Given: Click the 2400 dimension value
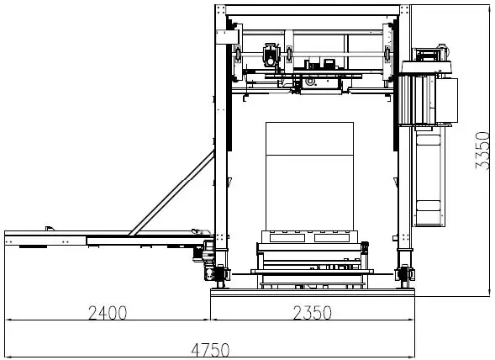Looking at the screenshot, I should click(x=108, y=313).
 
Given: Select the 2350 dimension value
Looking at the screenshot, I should click(x=311, y=313).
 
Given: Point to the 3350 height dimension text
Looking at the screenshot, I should click(x=482, y=150).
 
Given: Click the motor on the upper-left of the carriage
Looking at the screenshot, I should click(x=271, y=55).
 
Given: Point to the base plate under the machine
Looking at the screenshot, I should click(x=313, y=292).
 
